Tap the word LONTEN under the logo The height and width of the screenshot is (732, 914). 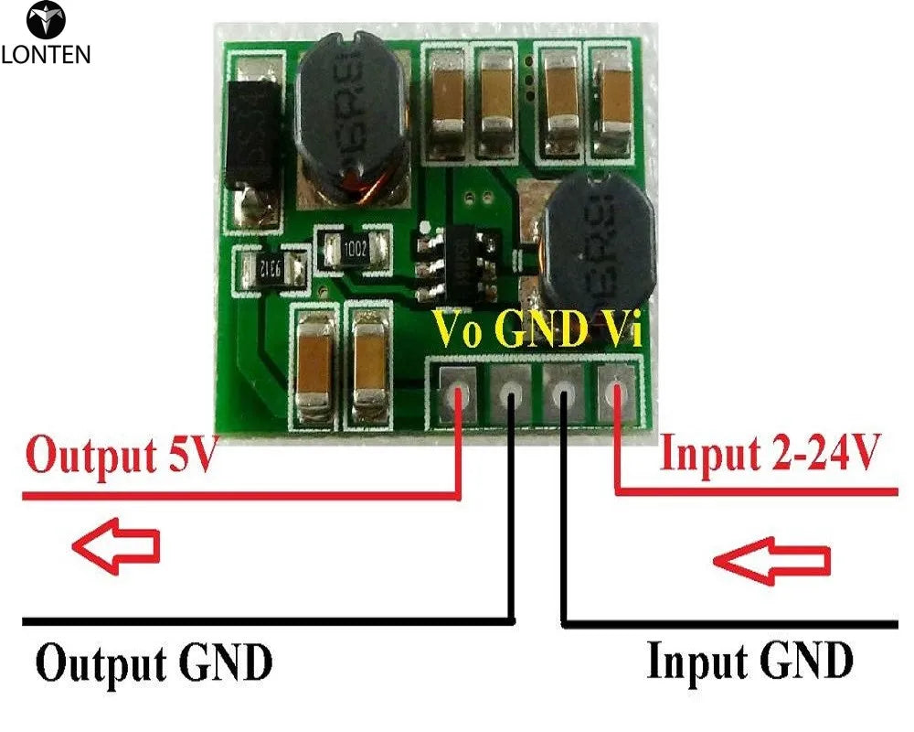coord(46,55)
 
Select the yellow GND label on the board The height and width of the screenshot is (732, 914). coord(539,329)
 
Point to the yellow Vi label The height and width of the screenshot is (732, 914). coord(622,329)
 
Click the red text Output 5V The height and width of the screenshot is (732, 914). coord(121,456)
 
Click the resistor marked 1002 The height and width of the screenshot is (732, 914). coord(354,249)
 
